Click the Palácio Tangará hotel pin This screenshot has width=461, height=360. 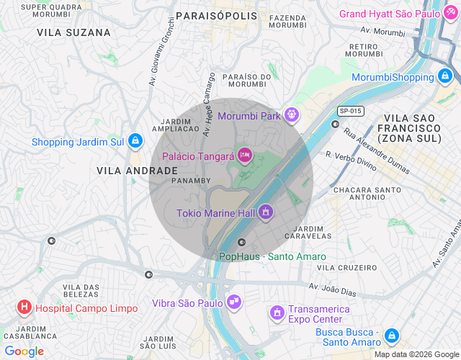(x=245, y=155)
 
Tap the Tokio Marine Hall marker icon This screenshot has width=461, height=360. (x=266, y=212)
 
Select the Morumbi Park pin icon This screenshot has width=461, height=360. (x=291, y=114)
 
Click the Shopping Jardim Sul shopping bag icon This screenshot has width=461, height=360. (x=135, y=142)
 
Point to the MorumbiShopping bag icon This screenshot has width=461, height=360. (x=444, y=76)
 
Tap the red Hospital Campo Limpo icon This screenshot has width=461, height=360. (x=24, y=307)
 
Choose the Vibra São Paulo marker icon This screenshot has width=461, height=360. (x=233, y=302)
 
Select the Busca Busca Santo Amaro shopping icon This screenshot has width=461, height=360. (x=391, y=336)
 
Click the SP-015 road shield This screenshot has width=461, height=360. (x=351, y=111)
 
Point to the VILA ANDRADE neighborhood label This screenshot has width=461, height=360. (x=137, y=171)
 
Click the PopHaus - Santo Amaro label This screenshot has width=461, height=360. (x=272, y=256)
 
